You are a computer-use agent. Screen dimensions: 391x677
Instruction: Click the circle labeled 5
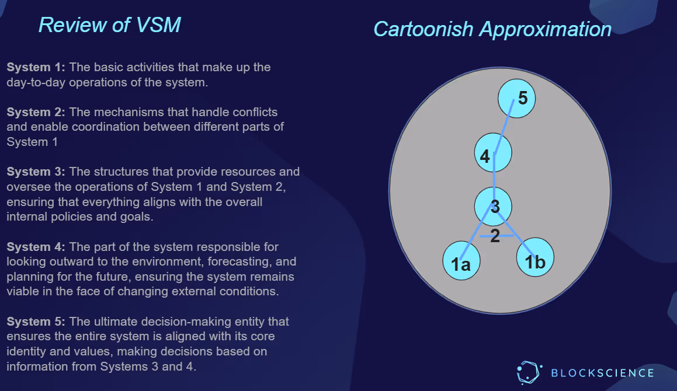coord(517,98)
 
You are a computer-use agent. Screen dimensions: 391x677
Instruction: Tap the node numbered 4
coord(493,153)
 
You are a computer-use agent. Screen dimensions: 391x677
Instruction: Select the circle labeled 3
coord(494,206)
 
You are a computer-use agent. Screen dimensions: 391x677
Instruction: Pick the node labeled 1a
coord(461,260)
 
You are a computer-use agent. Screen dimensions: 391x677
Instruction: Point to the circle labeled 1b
coord(535,257)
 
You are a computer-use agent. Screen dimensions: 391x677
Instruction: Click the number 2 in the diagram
coord(495,236)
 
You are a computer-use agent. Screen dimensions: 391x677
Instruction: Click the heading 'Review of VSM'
coord(109,25)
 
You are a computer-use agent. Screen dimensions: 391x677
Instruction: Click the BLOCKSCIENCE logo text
coord(602,372)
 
